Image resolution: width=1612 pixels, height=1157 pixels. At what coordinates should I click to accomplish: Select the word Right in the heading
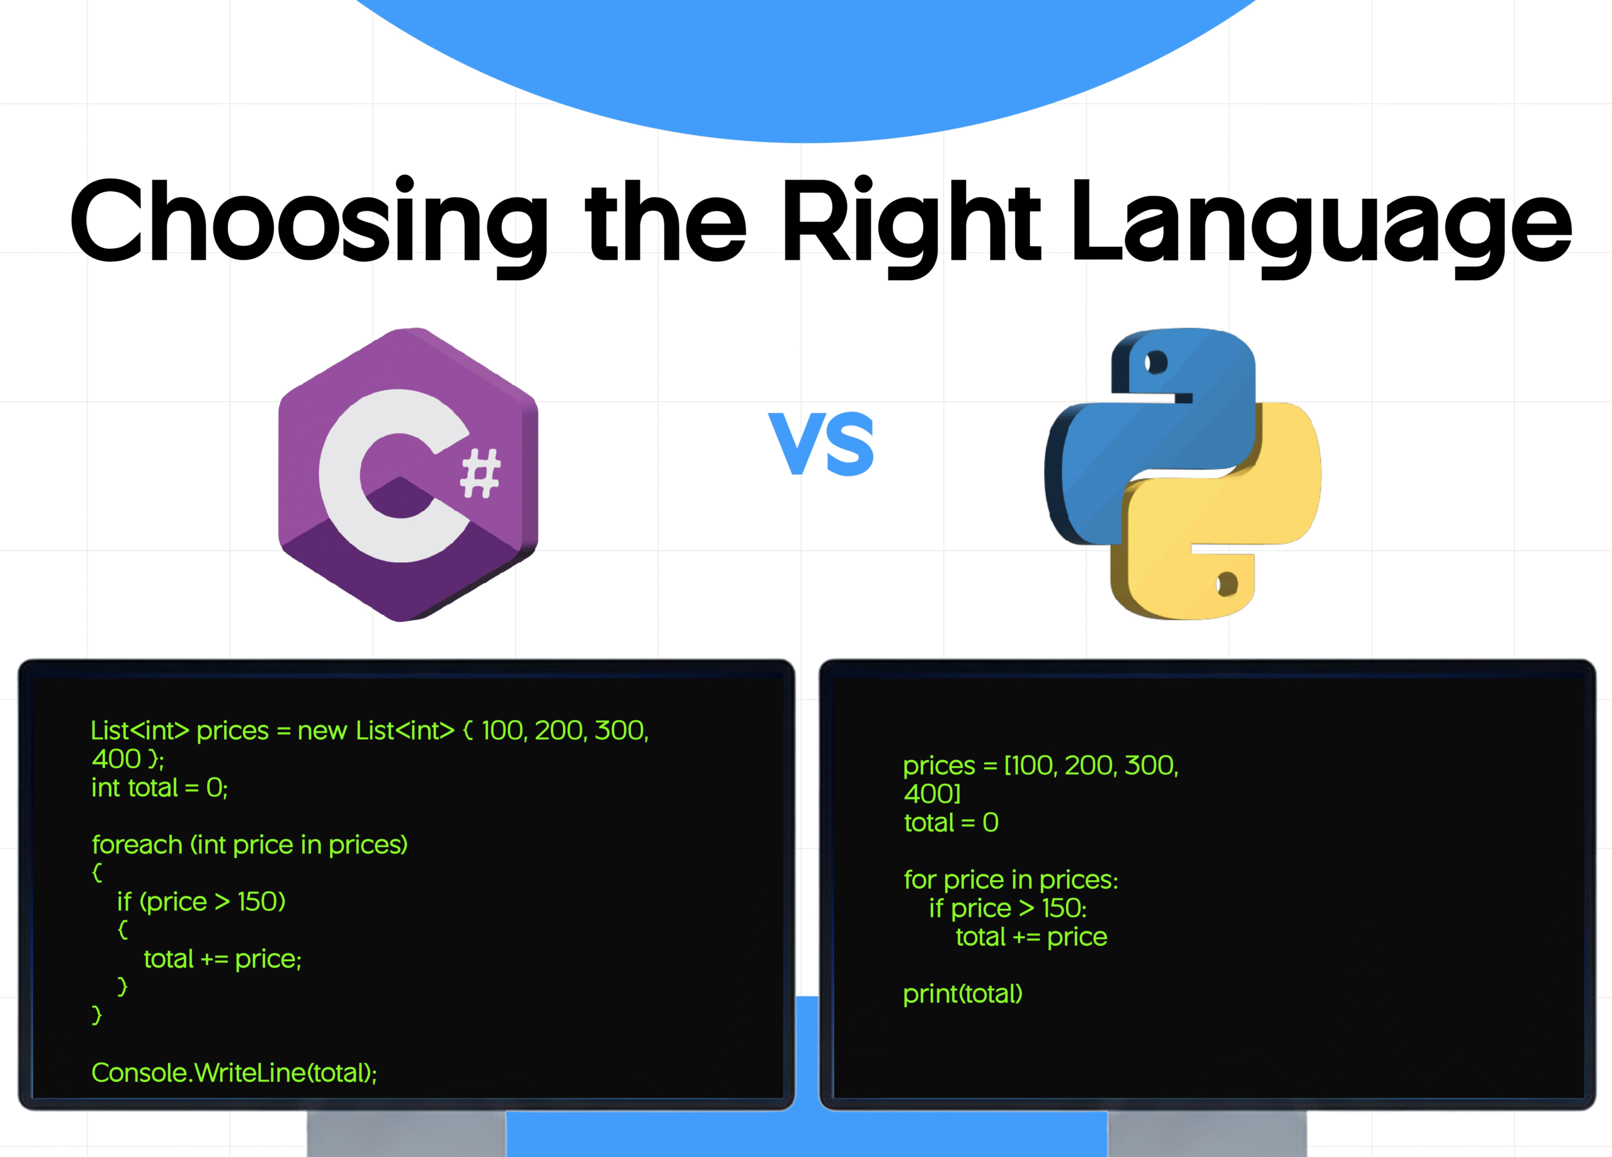910,222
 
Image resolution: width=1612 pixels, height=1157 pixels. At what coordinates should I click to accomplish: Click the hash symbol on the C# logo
480,473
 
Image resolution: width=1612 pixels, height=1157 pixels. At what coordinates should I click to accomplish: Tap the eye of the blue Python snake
1155,363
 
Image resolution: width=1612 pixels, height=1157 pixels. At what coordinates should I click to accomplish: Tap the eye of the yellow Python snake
1227,584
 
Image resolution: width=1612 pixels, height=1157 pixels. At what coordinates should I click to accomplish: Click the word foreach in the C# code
137,845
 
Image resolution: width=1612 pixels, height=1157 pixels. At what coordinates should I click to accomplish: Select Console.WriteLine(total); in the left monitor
234,1073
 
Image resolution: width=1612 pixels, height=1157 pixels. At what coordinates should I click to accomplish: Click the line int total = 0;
159,788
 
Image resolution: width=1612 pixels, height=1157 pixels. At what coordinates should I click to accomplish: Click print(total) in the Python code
962,993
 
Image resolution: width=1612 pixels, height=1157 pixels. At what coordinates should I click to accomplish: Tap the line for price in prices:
1010,880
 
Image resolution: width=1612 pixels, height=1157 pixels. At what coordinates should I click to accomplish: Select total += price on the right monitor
1031,937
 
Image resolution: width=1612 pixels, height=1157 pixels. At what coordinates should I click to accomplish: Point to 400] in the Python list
932,794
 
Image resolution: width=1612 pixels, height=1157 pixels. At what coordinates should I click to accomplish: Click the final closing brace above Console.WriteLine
97,1015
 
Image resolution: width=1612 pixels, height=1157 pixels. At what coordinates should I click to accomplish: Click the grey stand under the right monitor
1207,1134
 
